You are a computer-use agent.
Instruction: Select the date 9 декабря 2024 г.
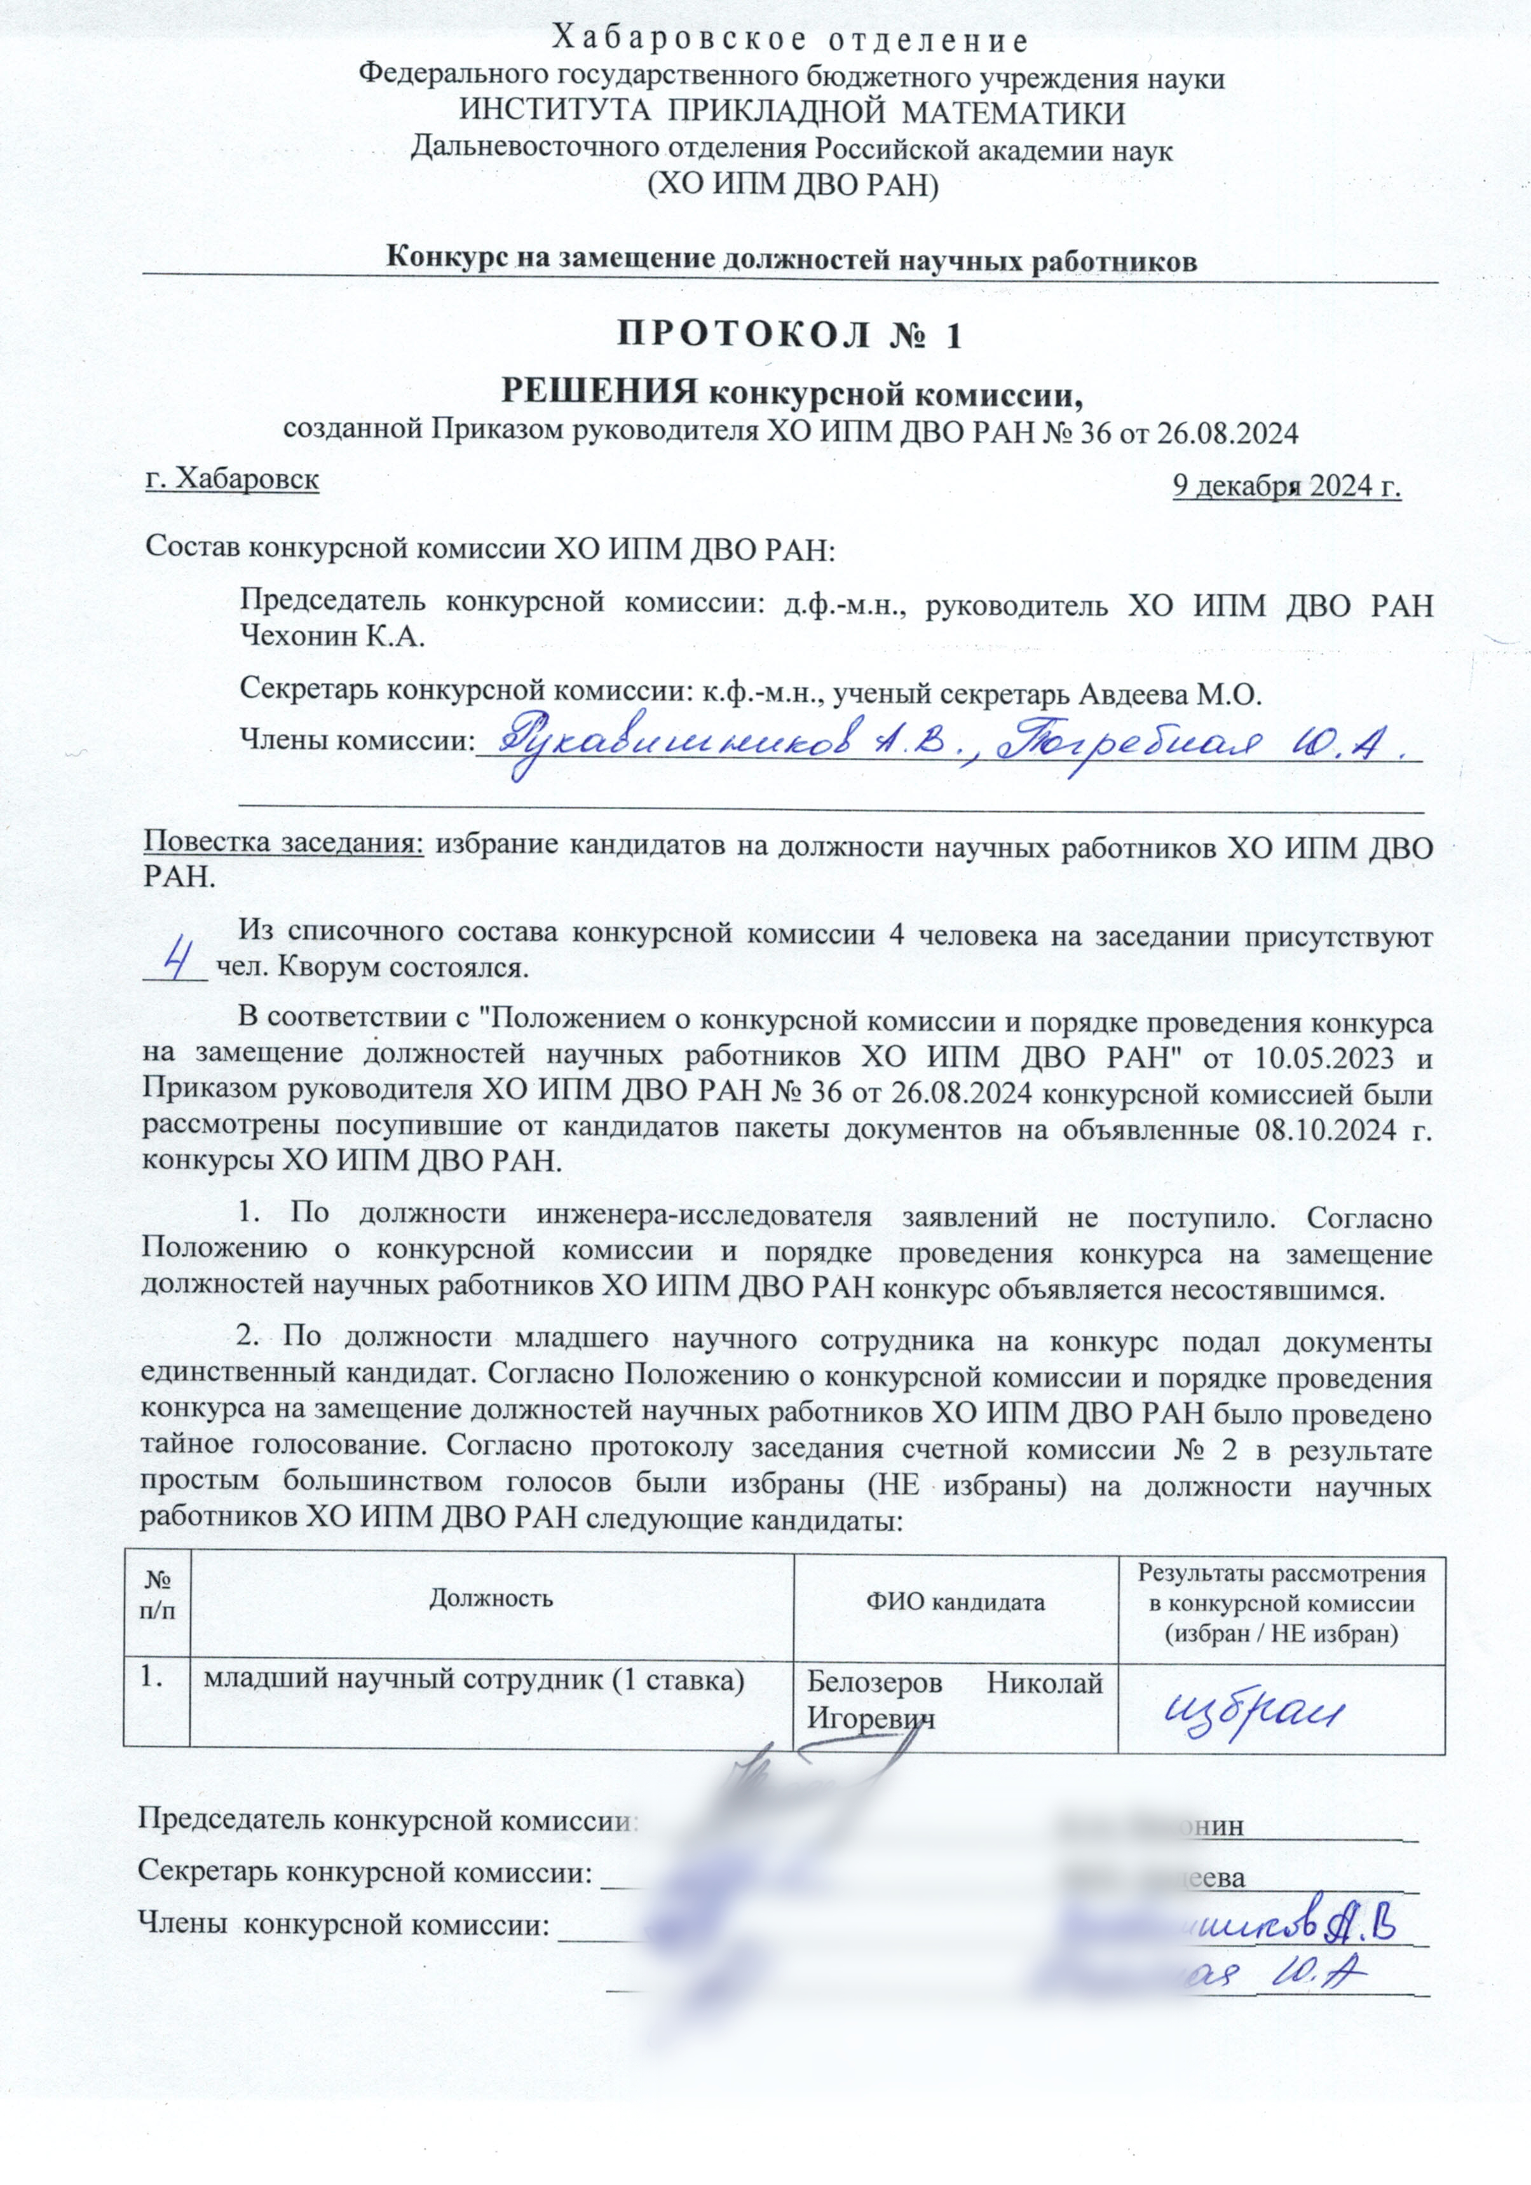[1286, 486]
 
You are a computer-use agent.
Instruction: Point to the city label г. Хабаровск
[231, 479]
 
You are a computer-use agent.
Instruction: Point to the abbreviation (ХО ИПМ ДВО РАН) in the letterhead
[792, 184]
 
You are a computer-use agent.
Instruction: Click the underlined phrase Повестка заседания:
[283, 844]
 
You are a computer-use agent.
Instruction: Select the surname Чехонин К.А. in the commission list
[330, 636]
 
